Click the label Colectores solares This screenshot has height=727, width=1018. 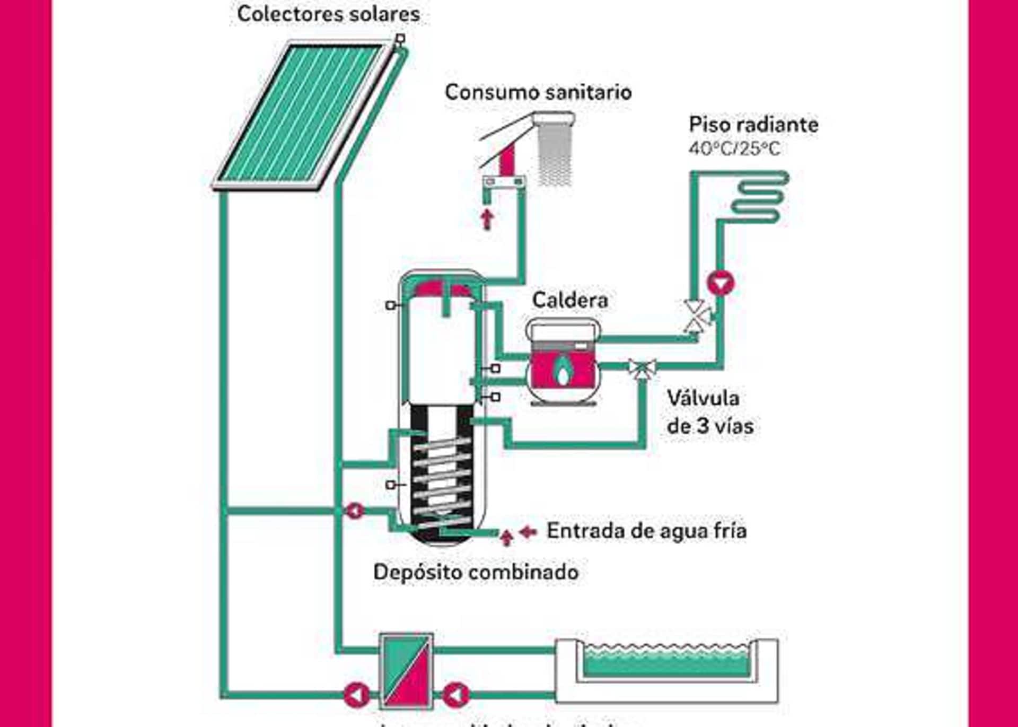point(328,14)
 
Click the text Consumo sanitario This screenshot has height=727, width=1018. point(538,92)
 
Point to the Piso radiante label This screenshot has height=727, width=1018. point(753,125)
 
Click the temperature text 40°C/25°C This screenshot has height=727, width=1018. point(734,149)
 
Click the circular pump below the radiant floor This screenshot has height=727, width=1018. point(721,283)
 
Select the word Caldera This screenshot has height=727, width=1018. point(570,300)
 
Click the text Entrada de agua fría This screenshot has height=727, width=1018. point(646,531)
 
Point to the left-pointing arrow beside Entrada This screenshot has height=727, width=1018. point(528,531)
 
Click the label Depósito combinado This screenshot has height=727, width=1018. point(476,572)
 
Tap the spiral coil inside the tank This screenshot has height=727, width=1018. point(442,480)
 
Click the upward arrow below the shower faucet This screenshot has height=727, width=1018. point(487,219)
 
